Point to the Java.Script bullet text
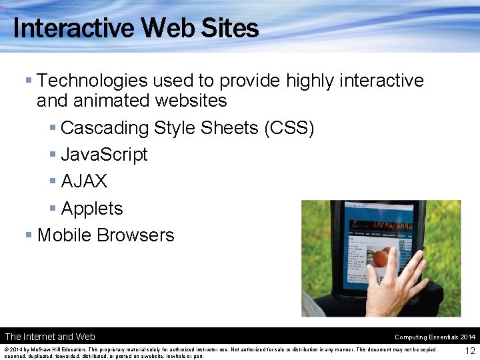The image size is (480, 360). click(104, 155)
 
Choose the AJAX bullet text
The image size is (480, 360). click(84, 181)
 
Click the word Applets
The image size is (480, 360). click(92, 209)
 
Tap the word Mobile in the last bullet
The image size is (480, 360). click(65, 235)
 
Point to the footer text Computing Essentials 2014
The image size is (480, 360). click(435, 337)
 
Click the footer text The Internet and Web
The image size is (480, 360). click(50, 337)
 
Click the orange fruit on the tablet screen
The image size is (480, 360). click(381, 258)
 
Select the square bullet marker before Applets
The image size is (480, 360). click(53, 209)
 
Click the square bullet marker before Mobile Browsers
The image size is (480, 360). click(29, 235)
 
